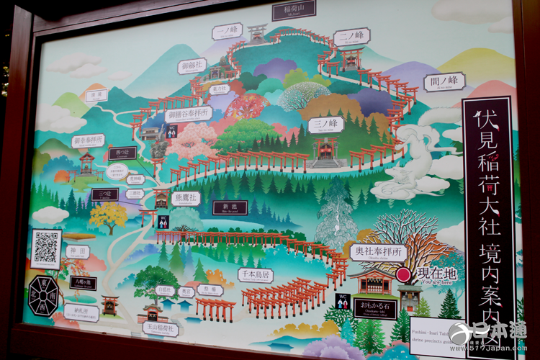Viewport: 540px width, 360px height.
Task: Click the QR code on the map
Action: point(46,248)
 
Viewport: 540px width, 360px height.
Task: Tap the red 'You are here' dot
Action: point(404,274)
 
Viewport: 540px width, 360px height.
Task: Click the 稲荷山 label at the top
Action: point(294,12)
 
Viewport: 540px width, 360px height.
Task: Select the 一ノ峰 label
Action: point(227,31)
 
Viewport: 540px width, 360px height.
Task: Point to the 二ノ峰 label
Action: point(352,35)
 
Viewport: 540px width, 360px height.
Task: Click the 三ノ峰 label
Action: point(325,125)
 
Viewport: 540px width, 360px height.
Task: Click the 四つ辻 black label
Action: point(122,153)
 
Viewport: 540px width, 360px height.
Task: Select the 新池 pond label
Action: point(230,207)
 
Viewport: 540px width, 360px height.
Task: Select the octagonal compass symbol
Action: point(44,295)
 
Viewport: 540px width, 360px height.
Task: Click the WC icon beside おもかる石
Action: point(342,300)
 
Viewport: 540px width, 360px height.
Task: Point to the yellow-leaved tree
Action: point(107,215)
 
